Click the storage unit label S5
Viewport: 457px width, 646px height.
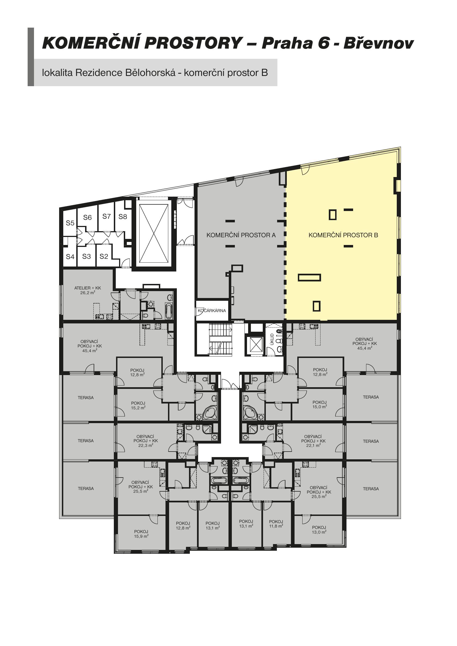(x=70, y=223)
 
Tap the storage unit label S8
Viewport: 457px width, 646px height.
(x=123, y=217)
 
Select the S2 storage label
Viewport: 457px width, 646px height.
(x=104, y=256)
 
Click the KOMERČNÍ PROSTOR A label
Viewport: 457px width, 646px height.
(x=241, y=235)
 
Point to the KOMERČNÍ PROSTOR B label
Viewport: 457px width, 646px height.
(x=343, y=235)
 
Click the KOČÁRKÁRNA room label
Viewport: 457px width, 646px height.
(x=212, y=311)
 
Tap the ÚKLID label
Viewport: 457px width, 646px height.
(x=272, y=339)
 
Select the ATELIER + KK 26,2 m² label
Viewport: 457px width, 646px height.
(x=88, y=290)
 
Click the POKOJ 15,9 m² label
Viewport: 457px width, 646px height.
(x=141, y=534)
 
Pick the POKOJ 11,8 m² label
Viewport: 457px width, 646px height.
(x=276, y=524)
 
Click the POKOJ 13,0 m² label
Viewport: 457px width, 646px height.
(x=319, y=530)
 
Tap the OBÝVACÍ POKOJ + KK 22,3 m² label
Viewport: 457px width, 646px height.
(x=146, y=441)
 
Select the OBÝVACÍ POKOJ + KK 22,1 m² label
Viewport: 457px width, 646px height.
(x=313, y=441)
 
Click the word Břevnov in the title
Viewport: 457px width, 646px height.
(x=379, y=43)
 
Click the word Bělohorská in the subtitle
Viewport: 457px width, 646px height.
(x=146, y=73)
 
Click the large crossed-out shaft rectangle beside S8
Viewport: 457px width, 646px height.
(x=154, y=233)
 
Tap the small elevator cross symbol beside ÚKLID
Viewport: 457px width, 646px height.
(x=256, y=344)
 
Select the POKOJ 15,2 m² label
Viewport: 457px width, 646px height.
(x=138, y=405)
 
